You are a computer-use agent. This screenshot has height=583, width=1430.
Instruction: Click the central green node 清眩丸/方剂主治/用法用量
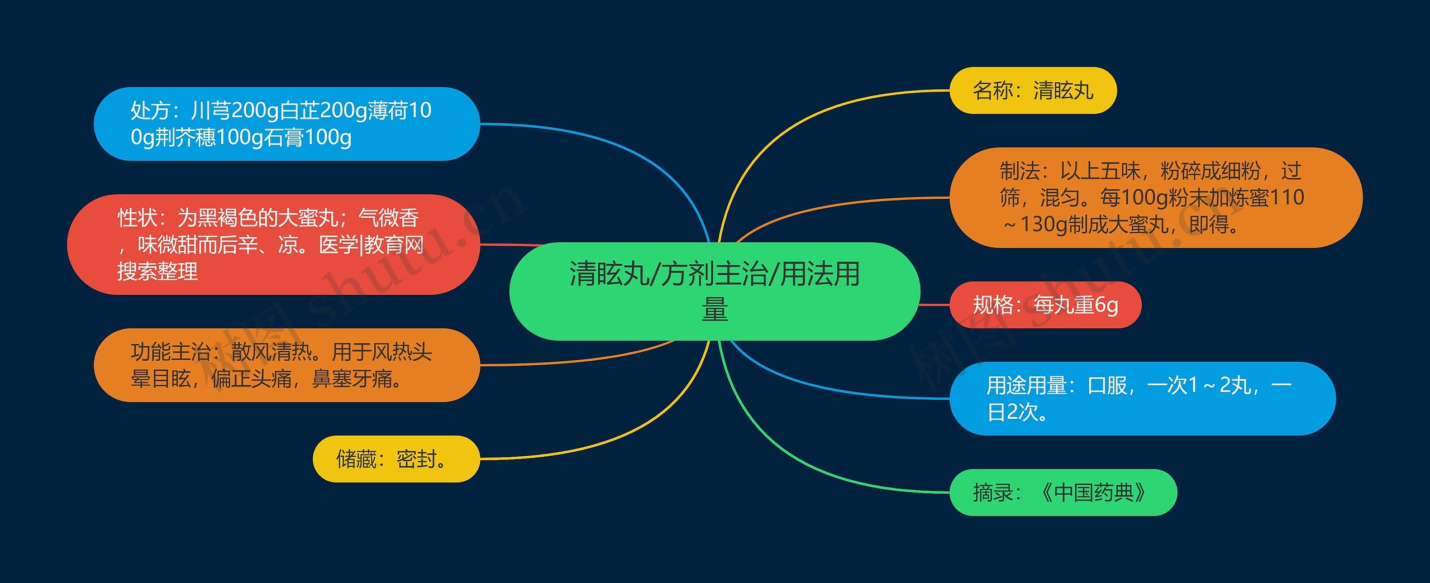click(x=714, y=291)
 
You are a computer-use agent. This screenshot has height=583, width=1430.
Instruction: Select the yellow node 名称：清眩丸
click(x=1033, y=90)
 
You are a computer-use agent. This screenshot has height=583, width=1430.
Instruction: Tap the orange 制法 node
click(x=1155, y=197)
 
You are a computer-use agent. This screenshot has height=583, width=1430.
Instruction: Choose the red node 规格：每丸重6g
click(x=1045, y=305)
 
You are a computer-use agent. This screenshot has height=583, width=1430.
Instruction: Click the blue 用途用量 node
click(x=1142, y=398)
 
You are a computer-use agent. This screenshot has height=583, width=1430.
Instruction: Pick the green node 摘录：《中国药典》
click(x=1062, y=493)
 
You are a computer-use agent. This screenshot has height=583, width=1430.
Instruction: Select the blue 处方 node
click(x=286, y=123)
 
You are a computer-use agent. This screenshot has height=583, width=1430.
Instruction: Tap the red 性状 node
click(x=273, y=245)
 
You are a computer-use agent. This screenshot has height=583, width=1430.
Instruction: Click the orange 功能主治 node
click(x=286, y=365)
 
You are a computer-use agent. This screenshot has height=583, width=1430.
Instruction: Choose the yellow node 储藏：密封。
click(x=395, y=459)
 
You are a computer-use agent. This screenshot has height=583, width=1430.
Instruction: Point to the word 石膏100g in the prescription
click(x=307, y=137)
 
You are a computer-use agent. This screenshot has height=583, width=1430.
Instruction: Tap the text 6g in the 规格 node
click(x=1106, y=305)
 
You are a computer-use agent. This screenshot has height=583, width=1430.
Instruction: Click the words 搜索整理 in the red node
click(x=158, y=271)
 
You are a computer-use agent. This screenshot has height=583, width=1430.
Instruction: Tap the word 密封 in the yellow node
click(x=417, y=459)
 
